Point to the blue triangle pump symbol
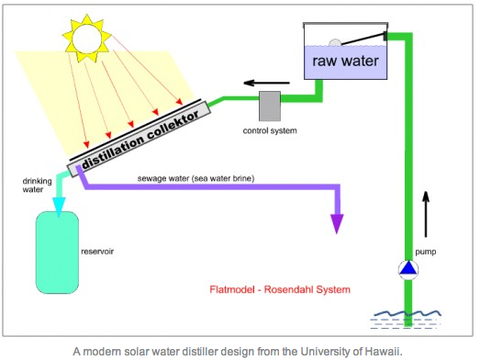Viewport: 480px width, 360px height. pos(409,269)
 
